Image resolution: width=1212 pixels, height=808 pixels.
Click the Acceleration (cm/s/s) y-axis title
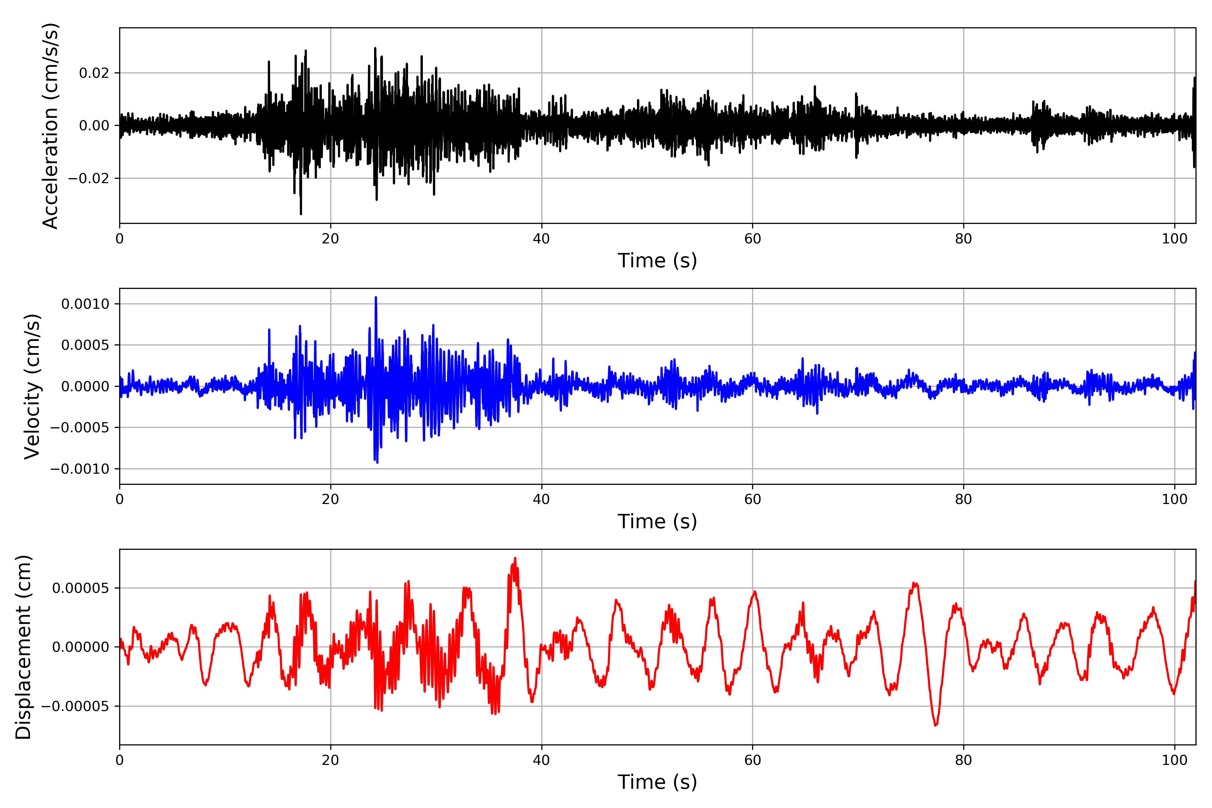click(x=50, y=126)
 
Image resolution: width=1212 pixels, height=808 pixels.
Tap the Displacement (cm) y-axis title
click(x=24, y=647)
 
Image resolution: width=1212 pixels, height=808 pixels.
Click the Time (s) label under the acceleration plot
click(x=657, y=261)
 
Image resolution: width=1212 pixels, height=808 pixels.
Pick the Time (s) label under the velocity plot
click(x=657, y=521)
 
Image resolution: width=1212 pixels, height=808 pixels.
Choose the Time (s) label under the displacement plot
click(x=657, y=782)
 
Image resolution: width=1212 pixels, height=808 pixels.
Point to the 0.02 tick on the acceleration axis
click(x=94, y=73)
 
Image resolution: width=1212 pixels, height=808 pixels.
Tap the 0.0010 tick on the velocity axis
click(x=85, y=304)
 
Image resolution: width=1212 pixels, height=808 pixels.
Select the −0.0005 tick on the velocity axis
click(x=80, y=428)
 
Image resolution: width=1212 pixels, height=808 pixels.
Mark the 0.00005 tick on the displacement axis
click(x=80, y=588)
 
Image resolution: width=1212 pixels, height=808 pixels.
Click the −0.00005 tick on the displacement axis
click(x=75, y=706)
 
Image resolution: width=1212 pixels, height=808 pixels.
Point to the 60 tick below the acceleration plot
click(x=752, y=239)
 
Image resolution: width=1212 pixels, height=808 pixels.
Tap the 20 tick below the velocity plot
click(x=330, y=499)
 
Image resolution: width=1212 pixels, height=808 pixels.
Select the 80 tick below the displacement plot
click(x=963, y=760)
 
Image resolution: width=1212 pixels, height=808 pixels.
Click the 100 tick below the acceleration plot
click(x=1174, y=239)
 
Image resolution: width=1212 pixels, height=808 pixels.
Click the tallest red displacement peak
click(x=515, y=558)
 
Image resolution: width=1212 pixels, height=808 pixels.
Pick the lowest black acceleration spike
click(x=301, y=213)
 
